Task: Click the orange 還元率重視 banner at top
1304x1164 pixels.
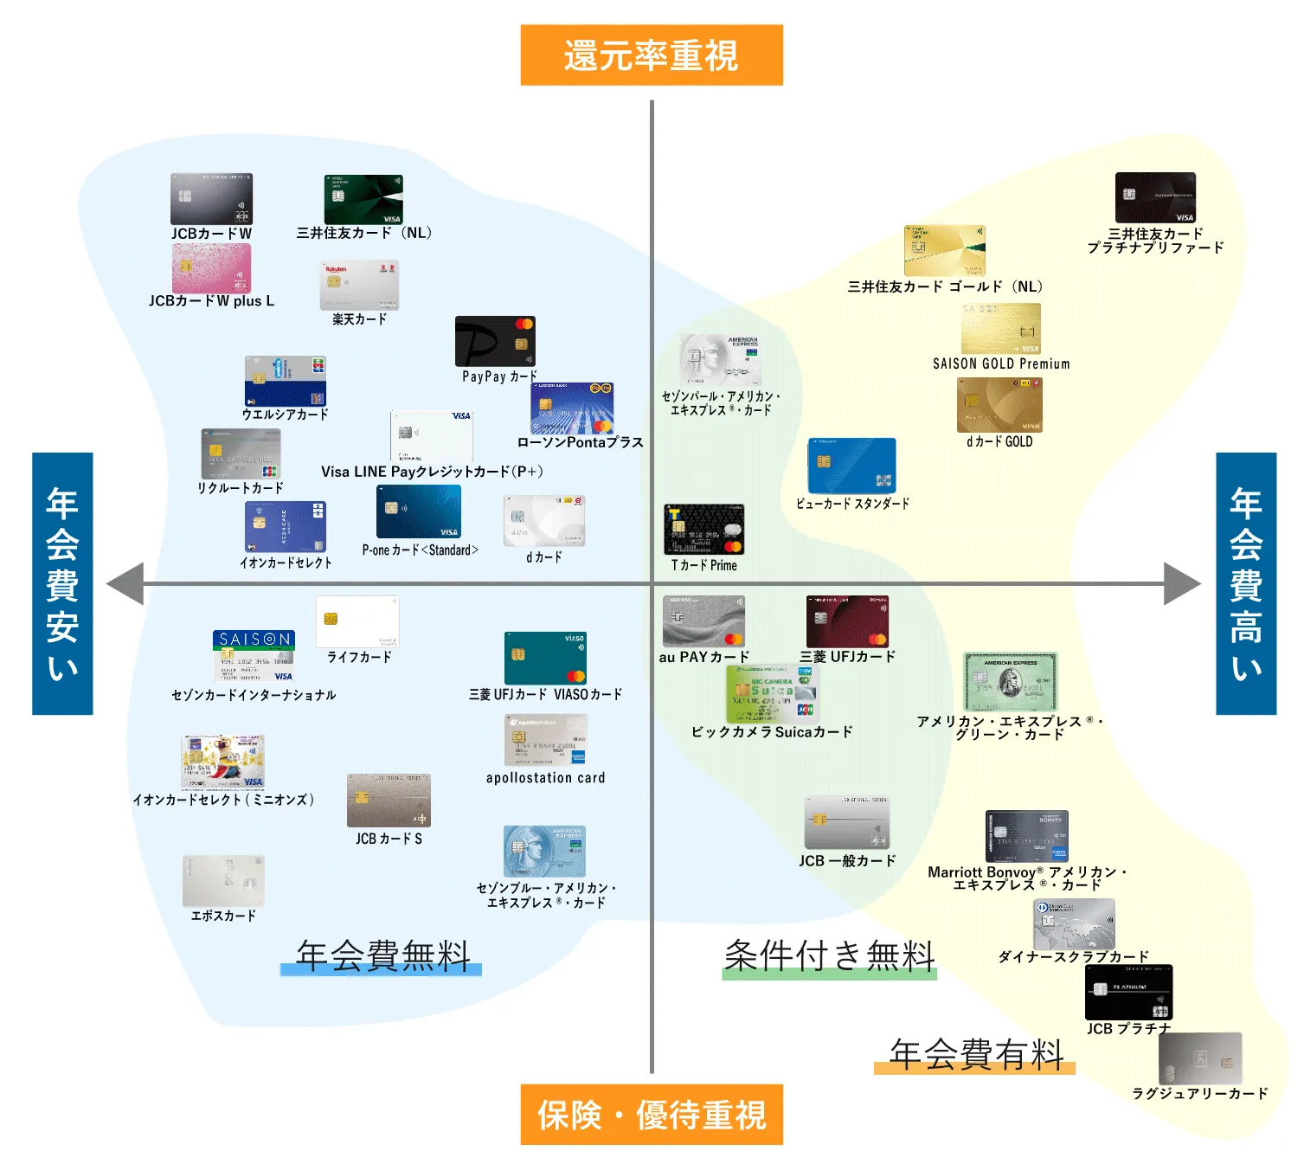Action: coord(652,55)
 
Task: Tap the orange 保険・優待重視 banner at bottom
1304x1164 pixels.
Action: coord(652,1115)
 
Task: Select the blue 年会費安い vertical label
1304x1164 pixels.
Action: coord(62,583)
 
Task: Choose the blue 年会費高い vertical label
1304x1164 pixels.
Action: coord(1246,583)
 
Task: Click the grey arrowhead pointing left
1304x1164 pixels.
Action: coord(125,584)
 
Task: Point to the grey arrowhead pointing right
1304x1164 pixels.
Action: coord(1182,584)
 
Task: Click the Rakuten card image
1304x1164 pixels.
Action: coord(359,285)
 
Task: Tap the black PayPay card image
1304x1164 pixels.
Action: coord(495,341)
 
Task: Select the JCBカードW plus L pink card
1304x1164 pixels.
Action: coord(211,268)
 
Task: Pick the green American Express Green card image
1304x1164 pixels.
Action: coord(1010,682)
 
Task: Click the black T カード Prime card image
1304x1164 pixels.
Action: coord(703,530)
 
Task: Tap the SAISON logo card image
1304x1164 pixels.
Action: coord(254,656)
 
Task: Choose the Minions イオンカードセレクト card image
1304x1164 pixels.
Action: coord(222,762)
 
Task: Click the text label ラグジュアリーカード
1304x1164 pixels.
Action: coord(1200,1094)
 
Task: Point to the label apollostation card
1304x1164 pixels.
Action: coord(545,778)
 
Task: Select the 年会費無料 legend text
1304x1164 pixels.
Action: coord(382,956)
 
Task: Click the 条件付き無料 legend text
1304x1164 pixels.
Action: coord(830,956)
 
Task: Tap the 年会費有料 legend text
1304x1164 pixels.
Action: coord(976,1054)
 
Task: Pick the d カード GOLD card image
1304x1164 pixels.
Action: coord(999,405)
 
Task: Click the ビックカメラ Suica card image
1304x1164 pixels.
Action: coord(772,694)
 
